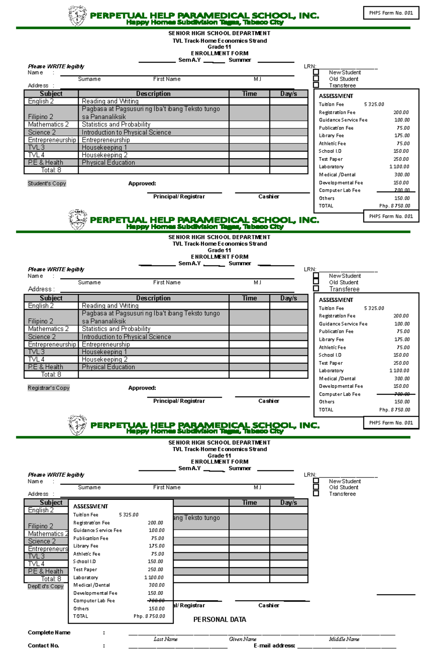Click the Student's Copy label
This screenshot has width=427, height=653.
[47, 184]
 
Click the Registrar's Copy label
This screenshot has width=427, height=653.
[48, 388]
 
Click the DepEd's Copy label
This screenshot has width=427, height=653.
[46, 586]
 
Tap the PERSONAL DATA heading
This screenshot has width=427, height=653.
[220, 620]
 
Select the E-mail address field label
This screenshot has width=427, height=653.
[274, 646]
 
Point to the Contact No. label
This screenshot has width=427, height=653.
[43, 646]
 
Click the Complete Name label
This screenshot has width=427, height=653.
[49, 632]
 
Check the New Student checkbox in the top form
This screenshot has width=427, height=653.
[316, 72]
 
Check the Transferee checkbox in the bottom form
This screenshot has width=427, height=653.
[316, 494]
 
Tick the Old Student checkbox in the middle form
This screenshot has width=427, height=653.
[316, 282]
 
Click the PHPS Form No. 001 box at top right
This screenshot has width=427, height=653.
[391, 13]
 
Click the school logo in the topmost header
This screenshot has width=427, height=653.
[77, 16]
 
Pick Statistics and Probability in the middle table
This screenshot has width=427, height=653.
[116, 329]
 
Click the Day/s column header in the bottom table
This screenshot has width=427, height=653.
[289, 502]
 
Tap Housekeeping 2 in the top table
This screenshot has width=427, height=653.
[105, 155]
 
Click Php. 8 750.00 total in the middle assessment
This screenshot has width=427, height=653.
[395, 410]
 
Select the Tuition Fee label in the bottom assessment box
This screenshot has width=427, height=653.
[86, 515]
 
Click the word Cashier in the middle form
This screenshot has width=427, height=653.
[269, 401]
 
